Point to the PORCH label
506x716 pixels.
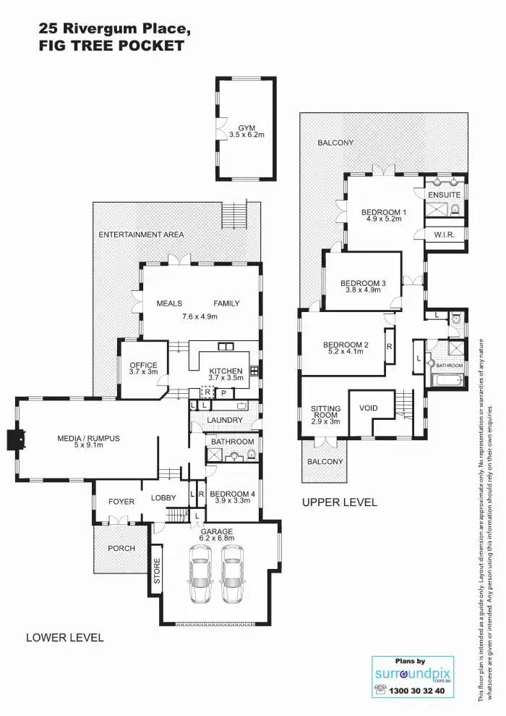point(121,548)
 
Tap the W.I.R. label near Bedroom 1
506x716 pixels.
point(444,235)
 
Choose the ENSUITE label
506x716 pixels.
point(444,195)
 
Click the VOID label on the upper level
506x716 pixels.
point(369,408)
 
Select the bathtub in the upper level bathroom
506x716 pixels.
point(447,381)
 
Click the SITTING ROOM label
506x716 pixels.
point(325,413)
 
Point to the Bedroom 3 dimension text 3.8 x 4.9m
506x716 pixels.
point(362,290)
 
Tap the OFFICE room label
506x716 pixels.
point(143,366)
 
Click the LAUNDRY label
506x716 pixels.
point(225,420)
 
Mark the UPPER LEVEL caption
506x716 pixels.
point(339,502)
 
